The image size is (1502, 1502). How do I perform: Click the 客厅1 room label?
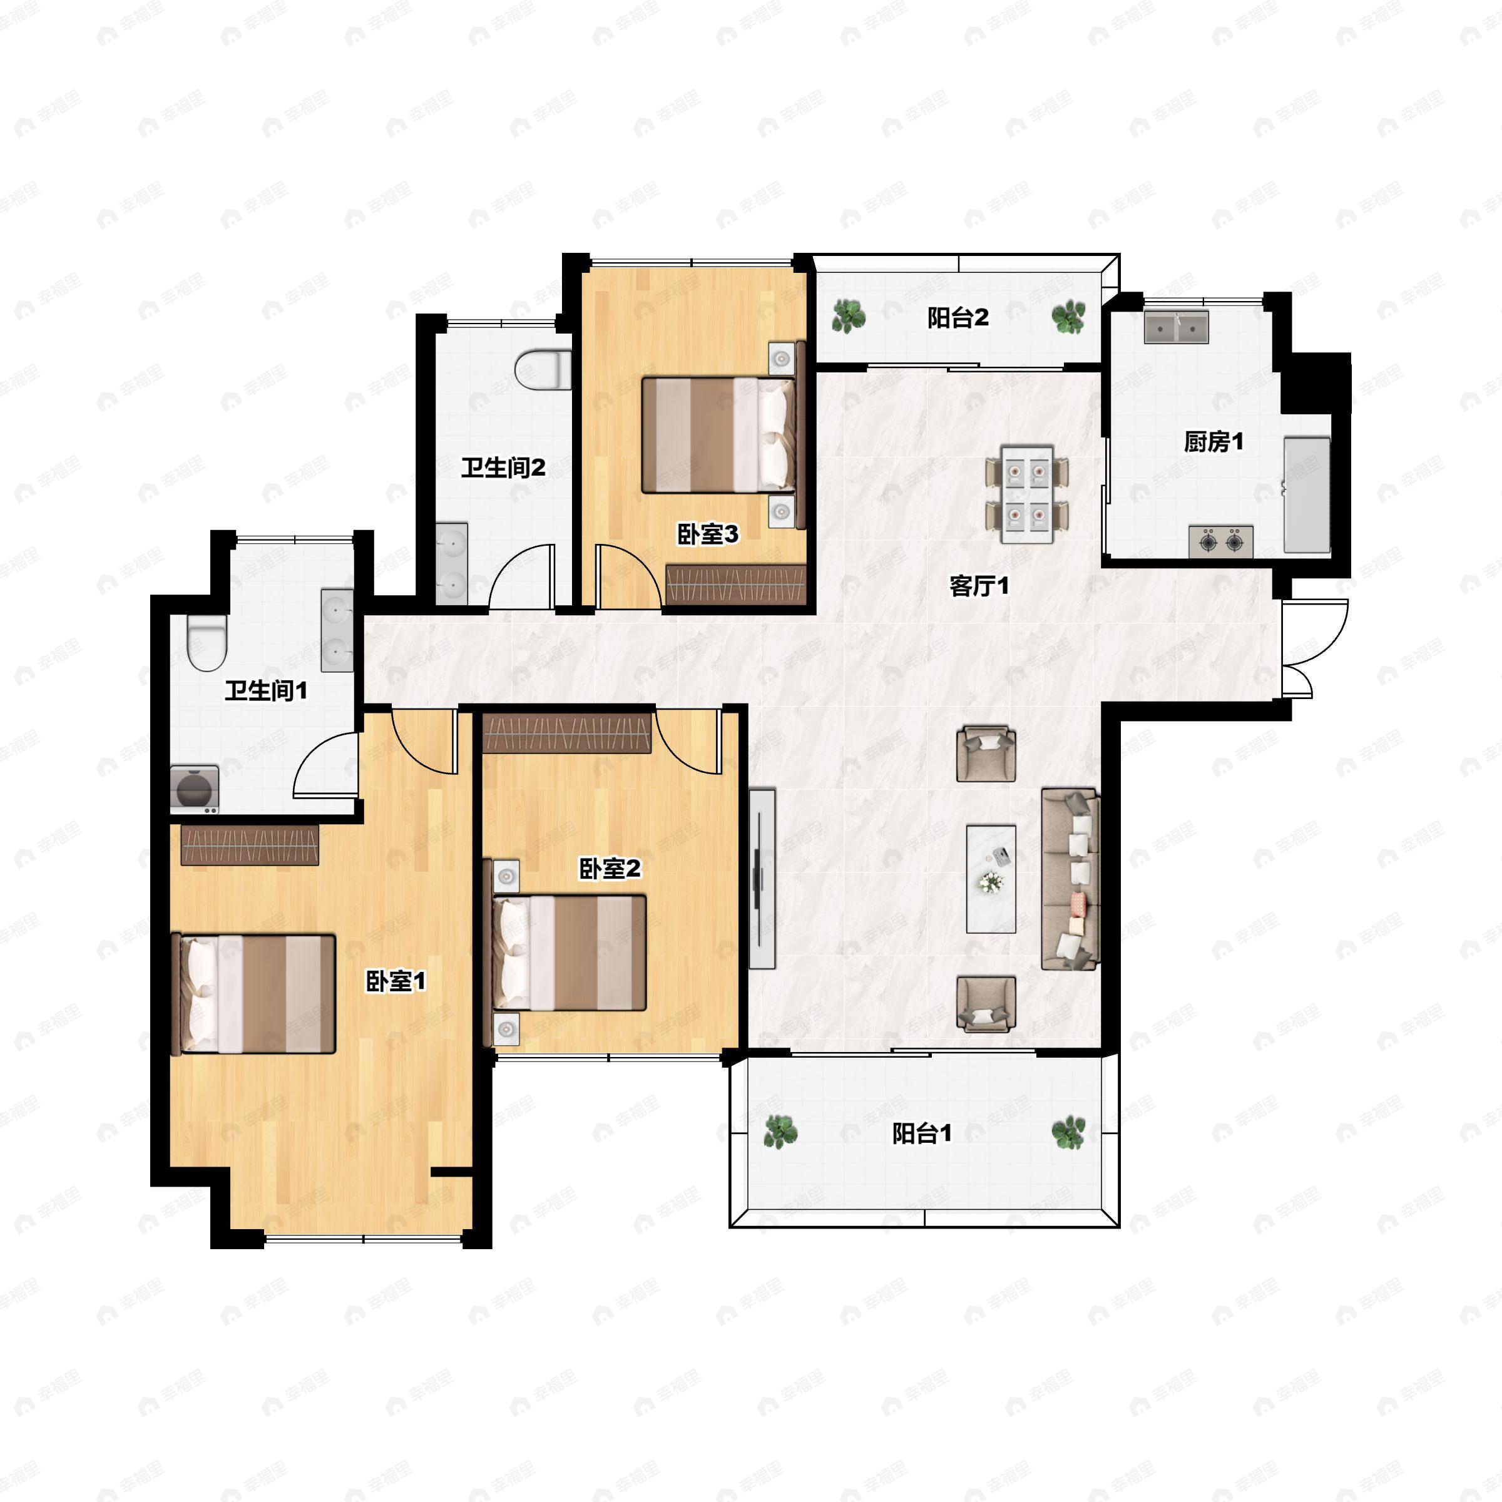coord(979,586)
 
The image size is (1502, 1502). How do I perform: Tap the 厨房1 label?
coord(1213,442)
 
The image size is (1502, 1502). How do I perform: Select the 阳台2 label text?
coord(958,318)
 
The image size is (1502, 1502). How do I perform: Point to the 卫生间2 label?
coord(503,468)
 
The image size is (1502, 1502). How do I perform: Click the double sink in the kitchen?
coord(1177,327)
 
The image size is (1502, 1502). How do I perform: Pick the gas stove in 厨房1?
coord(1220,542)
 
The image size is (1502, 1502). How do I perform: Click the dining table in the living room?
coord(1027,494)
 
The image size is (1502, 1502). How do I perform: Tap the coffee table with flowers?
coord(991,879)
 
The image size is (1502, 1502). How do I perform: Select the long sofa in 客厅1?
coord(1070,879)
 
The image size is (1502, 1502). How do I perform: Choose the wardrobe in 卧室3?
coord(735,584)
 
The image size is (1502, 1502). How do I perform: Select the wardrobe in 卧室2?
coord(567,733)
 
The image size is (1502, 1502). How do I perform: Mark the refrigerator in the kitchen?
coord(1307,494)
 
